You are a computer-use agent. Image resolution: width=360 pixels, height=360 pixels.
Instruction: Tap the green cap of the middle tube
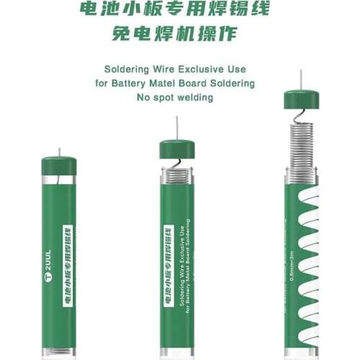(176, 150)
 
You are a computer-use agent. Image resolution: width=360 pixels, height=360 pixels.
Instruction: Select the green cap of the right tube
(301, 99)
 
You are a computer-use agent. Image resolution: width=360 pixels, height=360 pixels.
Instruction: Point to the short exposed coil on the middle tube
(176, 174)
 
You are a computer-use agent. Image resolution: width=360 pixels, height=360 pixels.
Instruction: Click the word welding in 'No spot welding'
(196, 97)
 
